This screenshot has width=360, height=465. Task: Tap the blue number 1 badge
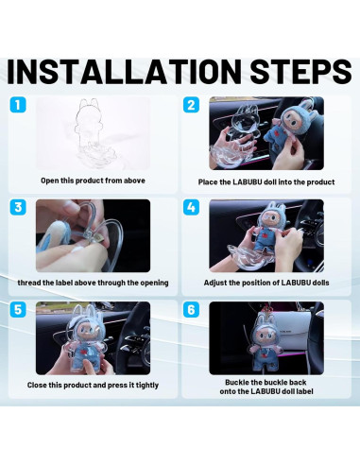tap(18, 105)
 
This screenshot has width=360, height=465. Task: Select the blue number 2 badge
tap(191, 105)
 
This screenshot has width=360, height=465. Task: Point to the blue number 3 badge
tap(18, 207)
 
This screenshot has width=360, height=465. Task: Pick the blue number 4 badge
tap(191, 207)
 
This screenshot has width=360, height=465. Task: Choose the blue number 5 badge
tap(18, 310)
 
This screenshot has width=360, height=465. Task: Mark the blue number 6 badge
tap(191, 310)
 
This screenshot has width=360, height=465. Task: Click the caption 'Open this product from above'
tap(93, 181)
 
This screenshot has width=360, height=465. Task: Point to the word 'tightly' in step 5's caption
tap(147, 386)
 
